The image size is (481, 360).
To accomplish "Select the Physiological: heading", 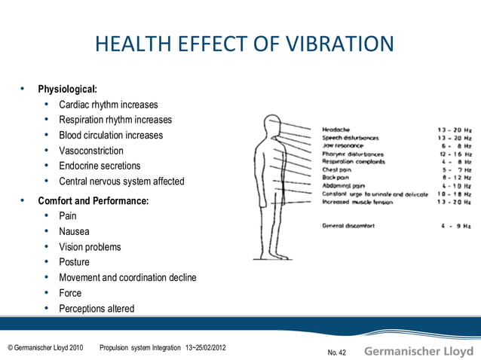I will coord(67,90).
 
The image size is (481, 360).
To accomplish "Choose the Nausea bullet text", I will coord(74,232).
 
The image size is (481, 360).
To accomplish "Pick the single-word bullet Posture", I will coord(74,262).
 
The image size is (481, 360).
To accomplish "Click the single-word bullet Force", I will coord(70,293).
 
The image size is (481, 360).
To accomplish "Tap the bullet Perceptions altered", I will coord(97,309).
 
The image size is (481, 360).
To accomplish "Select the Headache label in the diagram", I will coord(335,130).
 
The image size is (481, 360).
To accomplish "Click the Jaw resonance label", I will coord(342,146).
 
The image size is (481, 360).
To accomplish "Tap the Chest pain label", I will coord(338,169).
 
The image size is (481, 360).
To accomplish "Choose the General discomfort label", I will coord(348,225).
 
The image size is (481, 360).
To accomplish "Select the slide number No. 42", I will coord(337,352).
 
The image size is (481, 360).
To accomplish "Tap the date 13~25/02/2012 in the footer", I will coord(204,348).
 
